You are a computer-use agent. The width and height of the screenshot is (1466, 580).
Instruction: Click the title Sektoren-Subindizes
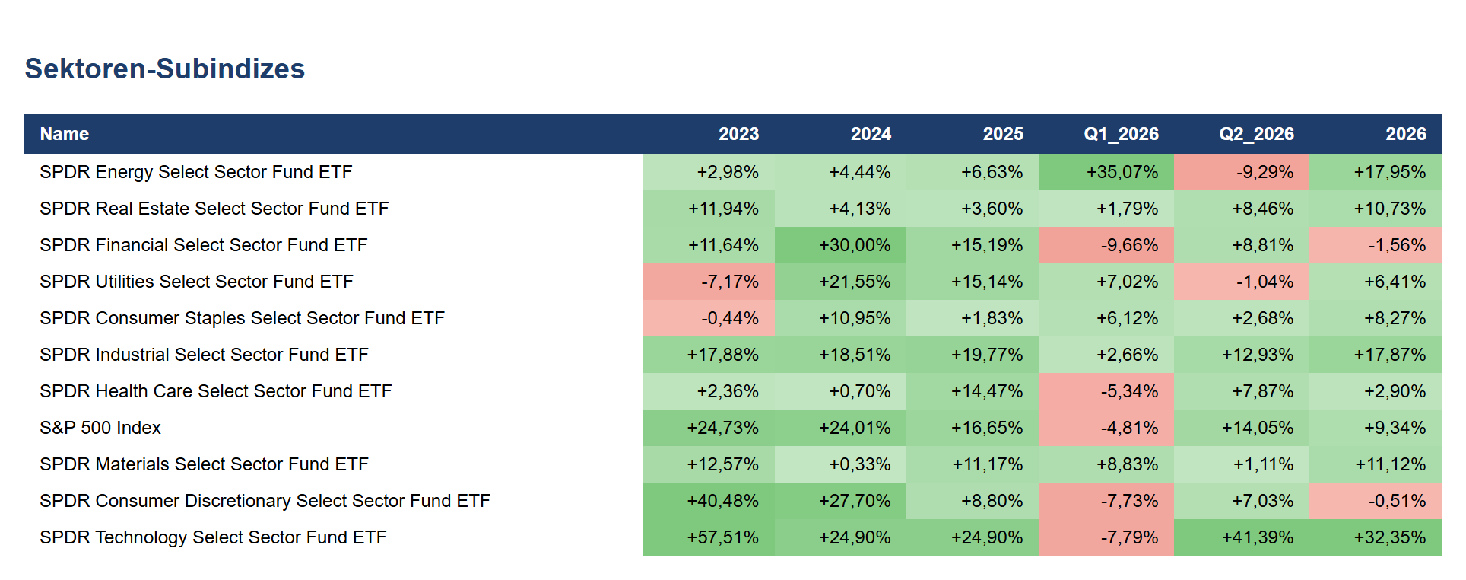pos(165,69)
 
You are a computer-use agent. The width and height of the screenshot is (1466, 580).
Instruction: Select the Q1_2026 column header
pos(1121,134)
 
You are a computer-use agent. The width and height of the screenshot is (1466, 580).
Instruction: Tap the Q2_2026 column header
pos(1256,134)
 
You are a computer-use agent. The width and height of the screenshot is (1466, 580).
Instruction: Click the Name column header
pos(65,134)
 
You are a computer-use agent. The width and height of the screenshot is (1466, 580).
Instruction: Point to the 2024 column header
pos(871,134)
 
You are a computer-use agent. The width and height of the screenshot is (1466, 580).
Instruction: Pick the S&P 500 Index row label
pos(100,428)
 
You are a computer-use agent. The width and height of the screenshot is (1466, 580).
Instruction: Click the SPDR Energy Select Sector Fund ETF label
pos(196,172)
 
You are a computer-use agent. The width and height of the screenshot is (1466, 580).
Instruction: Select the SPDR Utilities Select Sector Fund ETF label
pos(197,282)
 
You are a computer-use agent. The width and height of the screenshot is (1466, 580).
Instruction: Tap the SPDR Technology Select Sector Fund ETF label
pos(214,537)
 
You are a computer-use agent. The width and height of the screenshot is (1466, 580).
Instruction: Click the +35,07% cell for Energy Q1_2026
pos(1106,172)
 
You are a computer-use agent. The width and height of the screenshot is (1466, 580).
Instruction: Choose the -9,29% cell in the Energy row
pos(1242,172)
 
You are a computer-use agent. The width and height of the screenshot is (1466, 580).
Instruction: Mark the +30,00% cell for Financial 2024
pos(840,245)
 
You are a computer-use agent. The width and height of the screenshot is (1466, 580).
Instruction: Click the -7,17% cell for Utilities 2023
pos(709,282)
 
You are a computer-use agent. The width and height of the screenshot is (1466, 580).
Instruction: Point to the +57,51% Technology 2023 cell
pos(709,537)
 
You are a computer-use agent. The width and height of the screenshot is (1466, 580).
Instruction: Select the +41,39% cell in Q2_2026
pos(1242,537)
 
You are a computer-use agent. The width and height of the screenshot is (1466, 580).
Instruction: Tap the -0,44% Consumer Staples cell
pos(709,318)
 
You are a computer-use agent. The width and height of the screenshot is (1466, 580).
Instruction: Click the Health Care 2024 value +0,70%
pos(840,391)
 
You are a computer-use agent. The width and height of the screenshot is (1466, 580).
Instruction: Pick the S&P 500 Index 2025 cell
pos(973,428)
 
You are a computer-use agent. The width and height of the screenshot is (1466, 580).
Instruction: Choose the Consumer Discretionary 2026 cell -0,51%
pos(1376,501)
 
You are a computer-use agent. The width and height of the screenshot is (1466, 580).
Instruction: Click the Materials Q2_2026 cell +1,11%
pos(1242,464)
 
